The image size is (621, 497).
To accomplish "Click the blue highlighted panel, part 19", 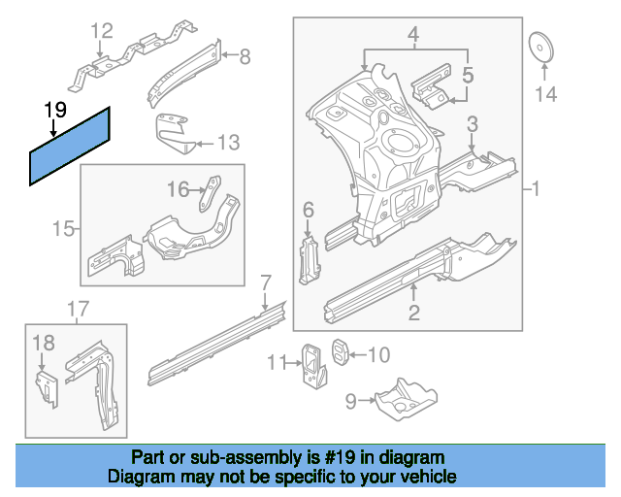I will [71, 147].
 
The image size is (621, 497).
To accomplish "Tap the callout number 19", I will [54, 110].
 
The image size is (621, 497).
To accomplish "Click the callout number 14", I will [547, 94].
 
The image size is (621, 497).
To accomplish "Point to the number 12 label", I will [102, 33].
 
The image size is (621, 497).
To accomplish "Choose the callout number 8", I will [244, 57].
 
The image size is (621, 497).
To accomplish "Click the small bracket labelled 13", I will [175, 134].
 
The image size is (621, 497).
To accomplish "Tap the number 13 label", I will [227, 144].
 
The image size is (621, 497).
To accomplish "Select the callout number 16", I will [178, 189].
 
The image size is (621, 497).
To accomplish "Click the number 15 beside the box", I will [63, 229].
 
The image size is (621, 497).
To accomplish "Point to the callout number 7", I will [265, 283].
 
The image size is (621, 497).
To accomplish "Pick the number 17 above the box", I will [78, 310].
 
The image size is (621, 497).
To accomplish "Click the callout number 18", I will [44, 342].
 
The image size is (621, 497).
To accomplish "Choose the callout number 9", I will [350, 399].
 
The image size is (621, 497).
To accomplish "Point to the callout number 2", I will [414, 313].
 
